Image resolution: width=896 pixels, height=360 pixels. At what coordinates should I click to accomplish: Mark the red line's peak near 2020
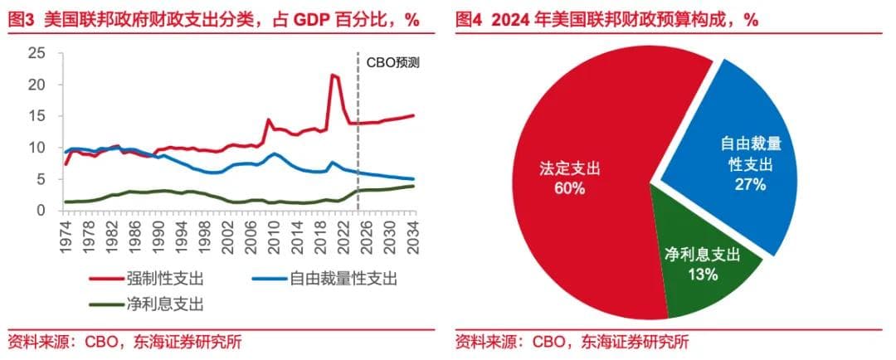(x=333, y=75)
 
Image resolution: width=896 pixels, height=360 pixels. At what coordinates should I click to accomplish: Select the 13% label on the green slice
(x=702, y=275)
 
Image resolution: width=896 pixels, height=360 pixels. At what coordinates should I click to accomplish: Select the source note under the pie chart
(x=572, y=341)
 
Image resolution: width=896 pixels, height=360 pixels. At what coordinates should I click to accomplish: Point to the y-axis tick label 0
(x=38, y=211)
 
